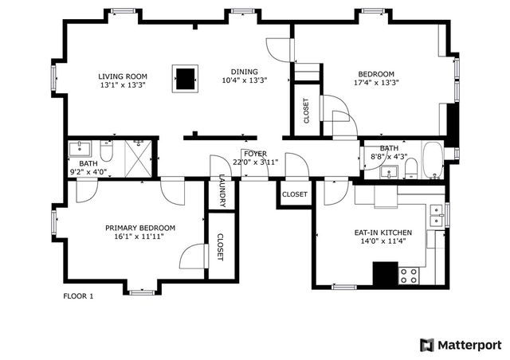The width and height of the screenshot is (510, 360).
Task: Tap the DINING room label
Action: coord(244,70)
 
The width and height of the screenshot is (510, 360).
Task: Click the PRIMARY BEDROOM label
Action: coord(140,228)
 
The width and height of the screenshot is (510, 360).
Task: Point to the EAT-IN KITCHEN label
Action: coord(382,233)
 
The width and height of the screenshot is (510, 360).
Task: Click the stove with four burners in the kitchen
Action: coord(409,276)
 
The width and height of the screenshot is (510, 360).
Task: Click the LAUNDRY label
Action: coord(222,192)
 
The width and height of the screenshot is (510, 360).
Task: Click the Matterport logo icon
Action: coord(428,344)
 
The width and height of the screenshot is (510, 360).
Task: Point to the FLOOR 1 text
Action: coord(78,296)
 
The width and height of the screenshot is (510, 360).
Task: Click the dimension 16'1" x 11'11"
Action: coord(140,237)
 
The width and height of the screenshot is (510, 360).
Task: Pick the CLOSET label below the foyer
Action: coord(294,194)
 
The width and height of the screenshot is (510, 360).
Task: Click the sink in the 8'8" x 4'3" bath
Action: coord(391,170)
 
